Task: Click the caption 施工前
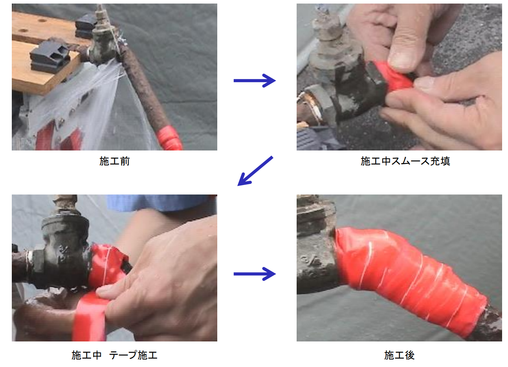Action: [115, 161]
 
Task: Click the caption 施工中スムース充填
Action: [405, 161]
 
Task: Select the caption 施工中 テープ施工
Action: [115, 355]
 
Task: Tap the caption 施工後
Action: [400, 355]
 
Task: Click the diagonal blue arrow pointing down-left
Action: [255, 171]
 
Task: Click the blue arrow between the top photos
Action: [255, 81]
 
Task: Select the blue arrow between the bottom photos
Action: [255, 274]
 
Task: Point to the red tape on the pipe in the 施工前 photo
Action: [170, 139]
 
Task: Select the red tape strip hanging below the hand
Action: [90, 317]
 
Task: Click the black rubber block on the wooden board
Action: [50, 56]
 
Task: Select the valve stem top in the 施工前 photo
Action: [100, 14]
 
